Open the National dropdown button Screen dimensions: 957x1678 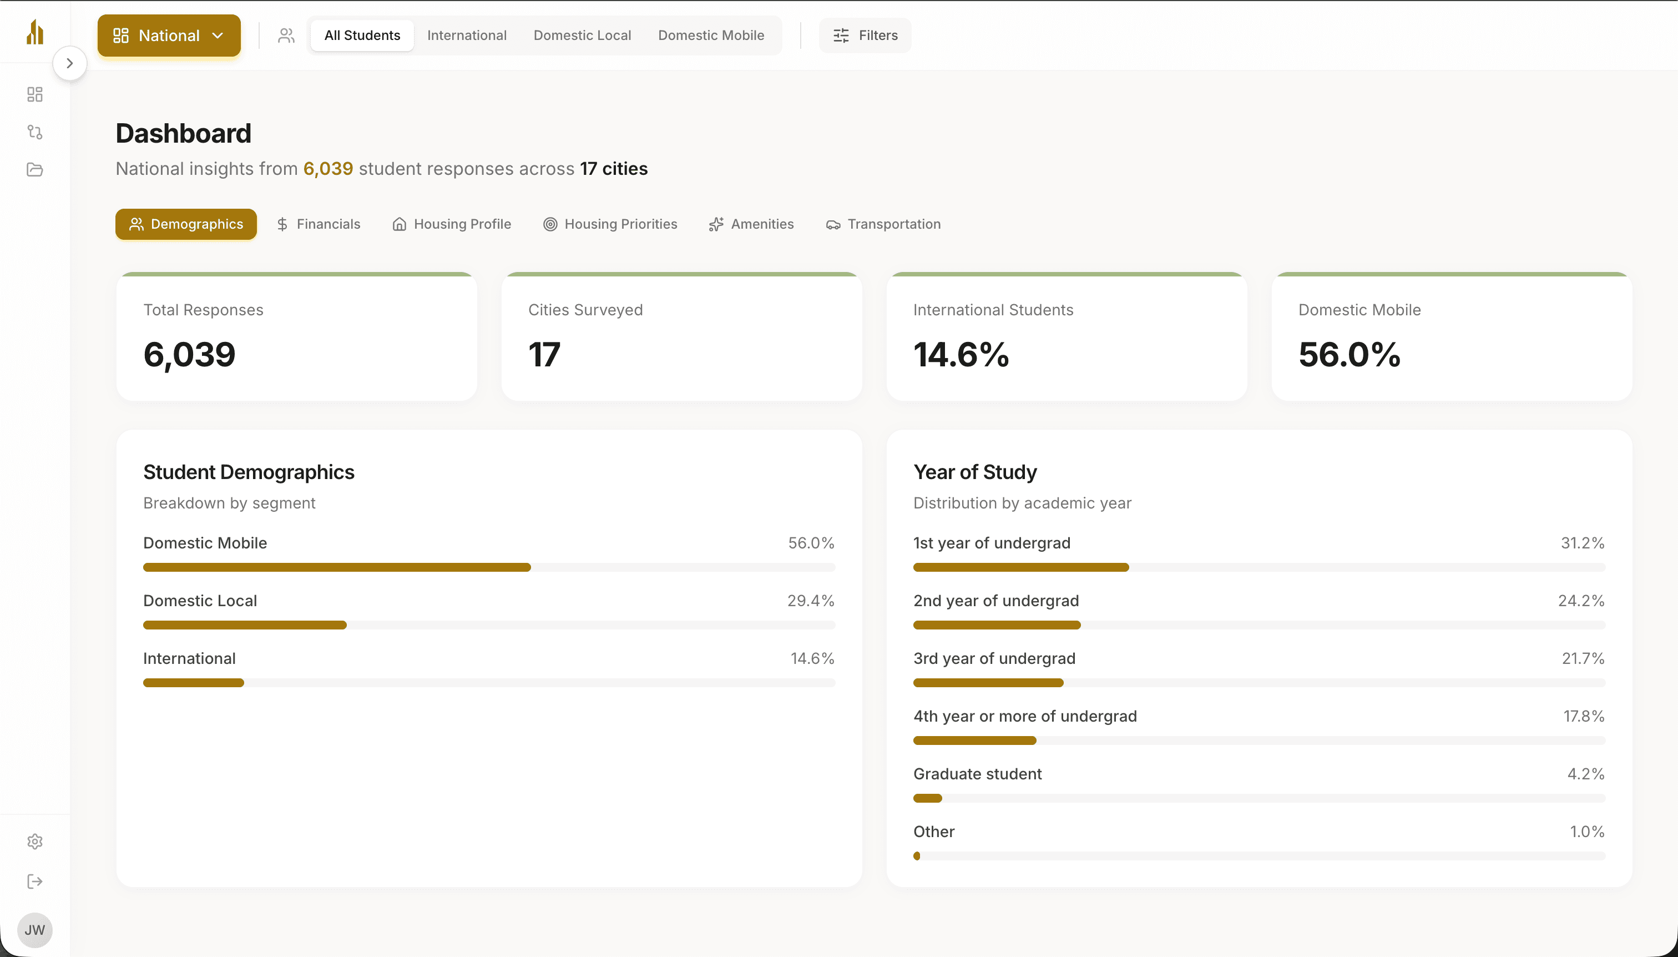click(169, 36)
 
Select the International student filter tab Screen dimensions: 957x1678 click(467, 36)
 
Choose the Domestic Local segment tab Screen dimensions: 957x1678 click(582, 36)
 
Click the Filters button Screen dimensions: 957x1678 click(865, 36)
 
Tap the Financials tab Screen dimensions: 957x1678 click(319, 224)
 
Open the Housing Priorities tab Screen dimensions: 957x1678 click(610, 224)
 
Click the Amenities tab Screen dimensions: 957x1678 click(752, 224)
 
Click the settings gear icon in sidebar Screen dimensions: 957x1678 click(35, 842)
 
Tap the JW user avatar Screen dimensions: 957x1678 click(35, 929)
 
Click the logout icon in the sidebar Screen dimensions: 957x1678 click(35, 882)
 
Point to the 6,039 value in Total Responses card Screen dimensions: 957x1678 click(189, 355)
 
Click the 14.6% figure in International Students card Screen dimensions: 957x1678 click(961, 355)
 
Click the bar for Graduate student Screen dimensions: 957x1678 click(927, 798)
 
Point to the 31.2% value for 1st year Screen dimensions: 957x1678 click(1582, 543)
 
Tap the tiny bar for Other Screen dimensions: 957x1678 click(917, 856)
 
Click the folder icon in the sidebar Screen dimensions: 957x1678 click(35, 169)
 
